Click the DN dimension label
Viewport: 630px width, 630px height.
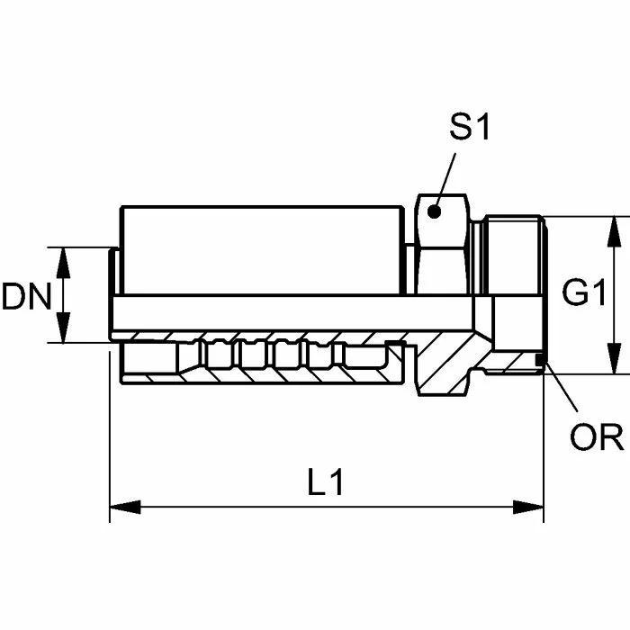[26, 296]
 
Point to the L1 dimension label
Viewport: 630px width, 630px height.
[325, 483]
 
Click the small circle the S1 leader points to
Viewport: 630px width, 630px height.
[435, 212]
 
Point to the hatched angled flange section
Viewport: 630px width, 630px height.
[445, 360]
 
